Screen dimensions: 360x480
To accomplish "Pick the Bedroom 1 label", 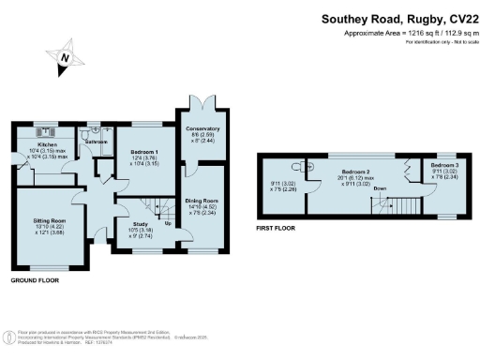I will click(143, 153).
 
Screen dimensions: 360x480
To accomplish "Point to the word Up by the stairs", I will click(169, 224).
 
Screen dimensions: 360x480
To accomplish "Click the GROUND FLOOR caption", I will click(37, 280).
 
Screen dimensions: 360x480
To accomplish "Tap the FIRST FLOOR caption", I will click(278, 227).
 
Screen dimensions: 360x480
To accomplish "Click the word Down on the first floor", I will click(381, 189).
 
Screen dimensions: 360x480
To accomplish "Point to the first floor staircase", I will click(406, 206).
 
